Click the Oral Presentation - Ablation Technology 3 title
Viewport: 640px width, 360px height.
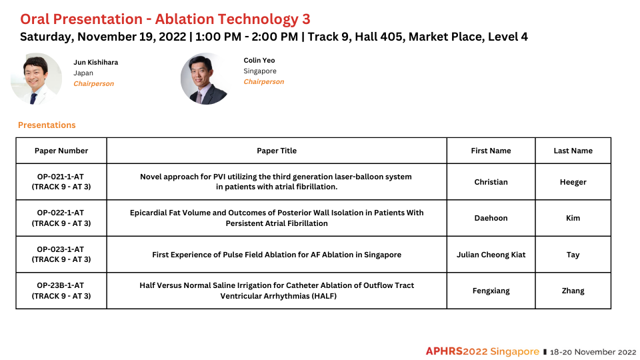pos(165,19)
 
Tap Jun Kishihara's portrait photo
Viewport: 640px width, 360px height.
pos(36,79)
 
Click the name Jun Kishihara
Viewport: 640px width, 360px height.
pos(95,63)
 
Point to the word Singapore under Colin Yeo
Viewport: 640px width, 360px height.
pos(260,71)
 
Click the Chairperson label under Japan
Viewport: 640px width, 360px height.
pos(93,84)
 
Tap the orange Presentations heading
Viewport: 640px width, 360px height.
pos(47,125)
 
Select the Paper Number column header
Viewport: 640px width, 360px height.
pos(61,151)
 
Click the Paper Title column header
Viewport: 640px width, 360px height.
pos(277,151)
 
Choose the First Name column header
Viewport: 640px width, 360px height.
pos(491,151)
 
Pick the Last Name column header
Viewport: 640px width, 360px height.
pos(573,151)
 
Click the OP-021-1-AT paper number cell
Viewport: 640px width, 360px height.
pos(61,181)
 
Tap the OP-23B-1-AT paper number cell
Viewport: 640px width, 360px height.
pos(61,291)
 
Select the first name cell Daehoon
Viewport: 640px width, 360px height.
pos(491,218)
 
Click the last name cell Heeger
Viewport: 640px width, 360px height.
pos(573,182)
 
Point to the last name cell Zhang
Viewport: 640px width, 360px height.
pos(573,291)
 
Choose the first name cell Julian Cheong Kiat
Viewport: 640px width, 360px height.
pos(491,255)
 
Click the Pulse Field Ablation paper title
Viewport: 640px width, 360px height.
pos(277,255)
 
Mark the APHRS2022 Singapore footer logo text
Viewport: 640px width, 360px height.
pos(483,351)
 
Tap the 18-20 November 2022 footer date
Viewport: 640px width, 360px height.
pos(593,352)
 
